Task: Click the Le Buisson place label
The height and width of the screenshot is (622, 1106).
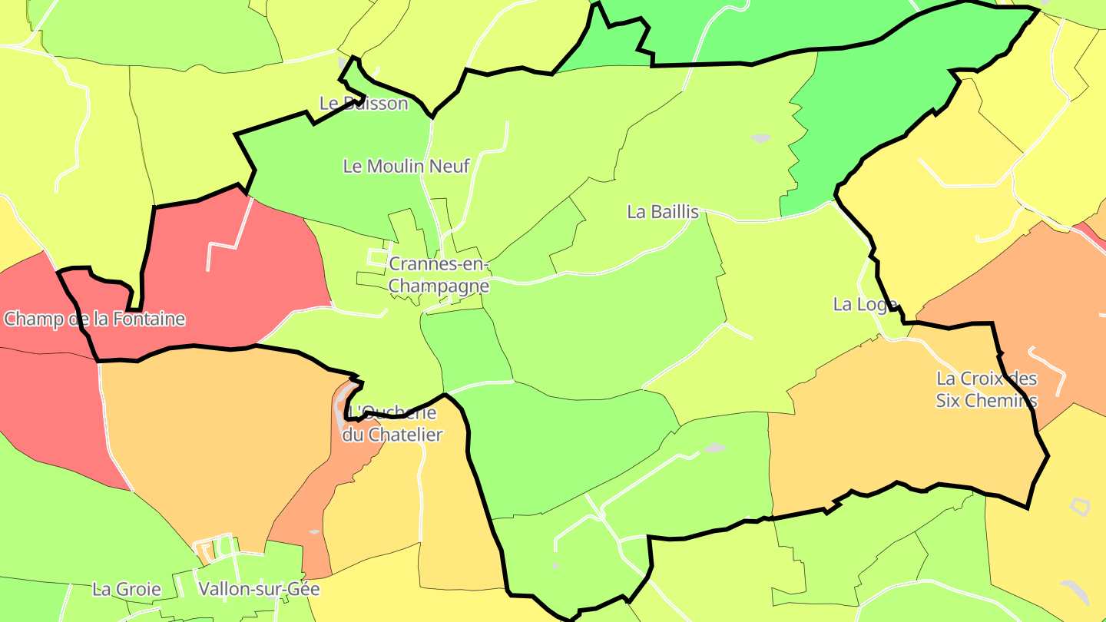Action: [363, 103]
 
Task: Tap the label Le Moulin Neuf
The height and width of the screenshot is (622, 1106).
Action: [406, 166]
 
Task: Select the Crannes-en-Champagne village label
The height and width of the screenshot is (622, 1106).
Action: [439, 275]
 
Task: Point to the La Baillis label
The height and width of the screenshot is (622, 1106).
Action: [663, 212]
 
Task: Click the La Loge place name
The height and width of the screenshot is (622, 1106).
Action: [865, 304]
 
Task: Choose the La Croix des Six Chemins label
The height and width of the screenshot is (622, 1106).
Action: [986, 389]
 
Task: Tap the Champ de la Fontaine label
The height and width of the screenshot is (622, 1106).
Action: [94, 319]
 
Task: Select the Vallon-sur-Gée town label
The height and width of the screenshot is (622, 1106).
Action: [259, 589]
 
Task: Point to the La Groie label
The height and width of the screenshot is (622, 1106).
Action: [127, 589]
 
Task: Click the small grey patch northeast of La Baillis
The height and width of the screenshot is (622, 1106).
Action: [760, 138]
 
